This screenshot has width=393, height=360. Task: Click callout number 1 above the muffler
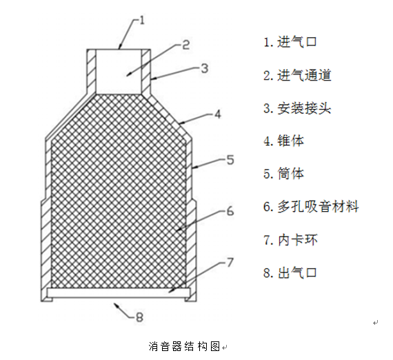point(142,20)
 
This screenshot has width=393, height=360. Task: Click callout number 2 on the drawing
point(185,45)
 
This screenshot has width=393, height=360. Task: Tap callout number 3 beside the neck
point(205,68)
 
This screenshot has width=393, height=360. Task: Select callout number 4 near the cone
point(218,114)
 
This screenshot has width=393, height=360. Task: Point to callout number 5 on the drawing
point(230,160)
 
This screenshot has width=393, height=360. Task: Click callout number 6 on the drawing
point(230,211)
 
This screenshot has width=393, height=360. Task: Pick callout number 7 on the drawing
point(230,263)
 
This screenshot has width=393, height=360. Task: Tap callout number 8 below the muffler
point(139,317)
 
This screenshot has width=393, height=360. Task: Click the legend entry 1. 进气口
point(290,42)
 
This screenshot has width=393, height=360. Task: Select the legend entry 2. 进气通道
point(297,75)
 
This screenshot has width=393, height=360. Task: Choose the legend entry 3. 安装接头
point(297,108)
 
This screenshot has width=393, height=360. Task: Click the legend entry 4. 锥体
point(283,141)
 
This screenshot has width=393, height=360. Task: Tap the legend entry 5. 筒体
point(283,174)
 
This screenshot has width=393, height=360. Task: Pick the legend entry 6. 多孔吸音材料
point(311,207)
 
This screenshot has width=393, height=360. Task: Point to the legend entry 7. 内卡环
point(290,240)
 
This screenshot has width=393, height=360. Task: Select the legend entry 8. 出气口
point(290,272)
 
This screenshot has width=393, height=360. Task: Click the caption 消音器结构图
point(184,346)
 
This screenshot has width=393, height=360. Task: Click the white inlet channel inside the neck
point(119,72)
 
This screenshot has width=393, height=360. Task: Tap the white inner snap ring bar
point(119,292)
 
